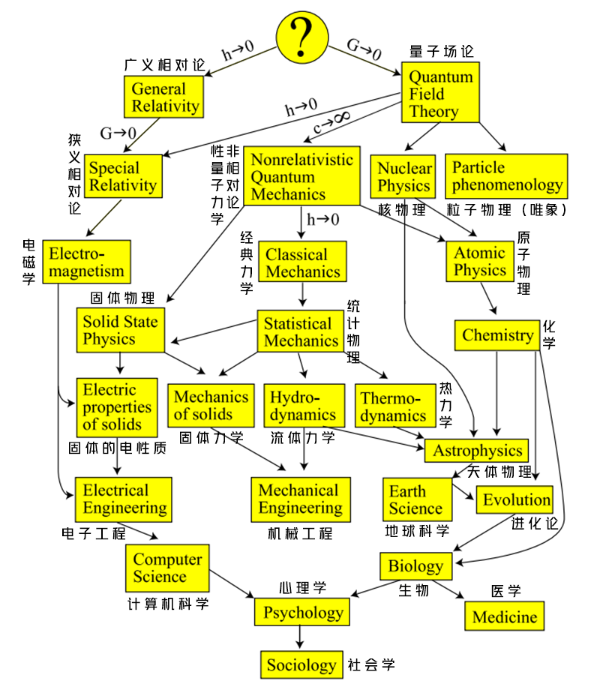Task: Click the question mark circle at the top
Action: coord(303,36)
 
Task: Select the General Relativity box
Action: coord(165,97)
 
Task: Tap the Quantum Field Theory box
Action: coord(441,94)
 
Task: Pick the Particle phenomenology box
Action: coord(506,176)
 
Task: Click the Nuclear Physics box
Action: coord(404,176)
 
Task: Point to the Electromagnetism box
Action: coord(86,261)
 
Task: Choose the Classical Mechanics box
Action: coord(302,262)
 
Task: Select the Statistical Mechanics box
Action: coord(301,332)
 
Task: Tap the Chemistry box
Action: coord(497,335)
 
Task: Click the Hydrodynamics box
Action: coord(303,406)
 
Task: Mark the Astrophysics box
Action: coord(477,451)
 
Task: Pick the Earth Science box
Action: coord(417,499)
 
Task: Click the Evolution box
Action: coord(517,499)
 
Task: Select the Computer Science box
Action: coord(167,568)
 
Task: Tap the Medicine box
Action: coord(505,616)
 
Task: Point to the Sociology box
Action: coord(301,664)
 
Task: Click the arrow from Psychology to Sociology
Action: coord(301,637)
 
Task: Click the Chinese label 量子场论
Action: coord(442,52)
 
